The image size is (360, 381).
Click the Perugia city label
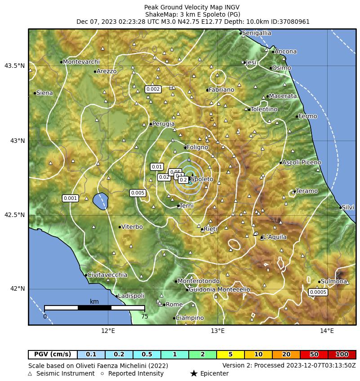(164, 124)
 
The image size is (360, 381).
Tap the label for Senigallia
(256, 33)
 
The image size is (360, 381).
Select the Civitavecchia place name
(107, 275)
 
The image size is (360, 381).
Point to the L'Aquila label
(275, 237)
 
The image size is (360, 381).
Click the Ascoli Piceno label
(302, 162)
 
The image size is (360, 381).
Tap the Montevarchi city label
(81, 62)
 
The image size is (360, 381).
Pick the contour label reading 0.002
(153, 89)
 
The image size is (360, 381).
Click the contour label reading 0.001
(71, 198)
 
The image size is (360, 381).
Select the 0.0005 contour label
(318, 292)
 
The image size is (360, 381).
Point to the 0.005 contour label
(138, 193)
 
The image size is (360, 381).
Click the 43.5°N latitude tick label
(14, 66)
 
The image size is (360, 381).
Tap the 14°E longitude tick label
(327, 331)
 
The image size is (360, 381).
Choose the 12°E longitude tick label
(108, 331)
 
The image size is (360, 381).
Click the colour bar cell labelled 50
(314, 354)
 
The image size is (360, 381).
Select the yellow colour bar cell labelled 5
(231, 354)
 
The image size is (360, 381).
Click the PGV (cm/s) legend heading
(53, 354)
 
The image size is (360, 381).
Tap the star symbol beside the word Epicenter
(194, 373)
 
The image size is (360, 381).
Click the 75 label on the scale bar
(144, 316)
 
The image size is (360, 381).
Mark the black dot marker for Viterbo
(120, 227)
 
